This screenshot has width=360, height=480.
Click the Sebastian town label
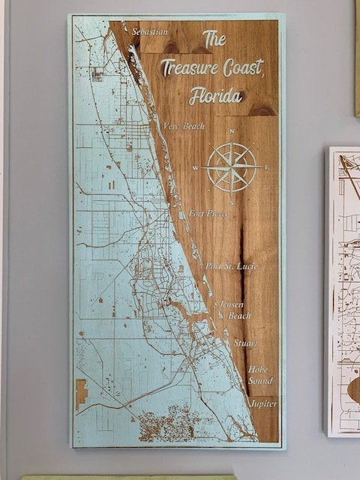149,31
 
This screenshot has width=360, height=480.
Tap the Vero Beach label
183,126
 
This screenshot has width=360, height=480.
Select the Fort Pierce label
209,213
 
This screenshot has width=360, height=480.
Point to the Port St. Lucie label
232,265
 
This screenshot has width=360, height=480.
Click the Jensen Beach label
235,310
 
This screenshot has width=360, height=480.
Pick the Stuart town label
244,343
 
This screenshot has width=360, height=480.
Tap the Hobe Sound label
259,375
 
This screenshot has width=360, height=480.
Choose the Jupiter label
263,403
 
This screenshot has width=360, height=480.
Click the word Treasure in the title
191,68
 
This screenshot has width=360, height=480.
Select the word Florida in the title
216,96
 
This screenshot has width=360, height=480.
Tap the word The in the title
214,38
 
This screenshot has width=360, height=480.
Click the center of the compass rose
232,167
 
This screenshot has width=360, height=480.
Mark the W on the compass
196,168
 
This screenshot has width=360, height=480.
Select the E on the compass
266,167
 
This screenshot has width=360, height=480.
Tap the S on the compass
232,202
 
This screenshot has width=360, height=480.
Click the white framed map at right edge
343,292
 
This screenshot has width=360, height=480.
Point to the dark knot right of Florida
263,109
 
